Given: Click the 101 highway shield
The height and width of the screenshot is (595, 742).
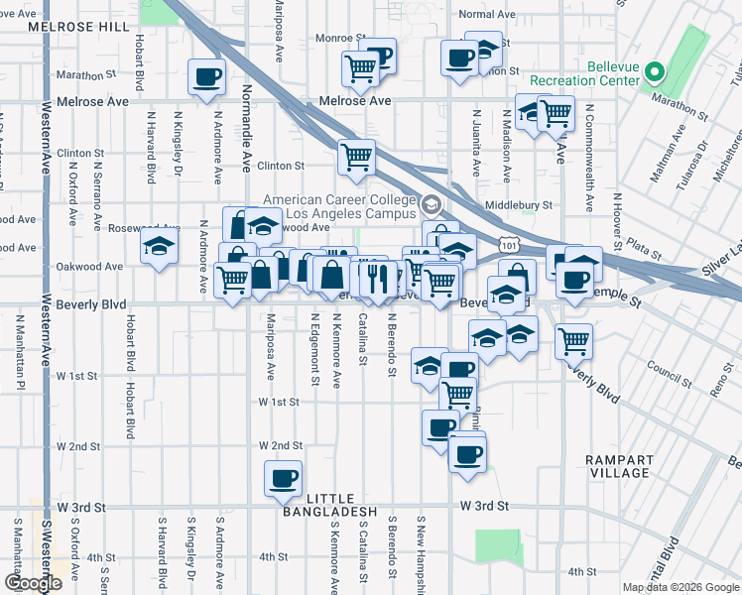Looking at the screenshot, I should pyautogui.click(x=508, y=243).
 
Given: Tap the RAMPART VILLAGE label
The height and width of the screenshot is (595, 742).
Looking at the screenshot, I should pyautogui.click(x=619, y=467).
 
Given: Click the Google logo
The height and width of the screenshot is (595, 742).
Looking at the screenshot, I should pyautogui.click(x=32, y=583).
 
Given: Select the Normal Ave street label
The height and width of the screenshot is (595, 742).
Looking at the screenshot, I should pyautogui.click(x=488, y=15).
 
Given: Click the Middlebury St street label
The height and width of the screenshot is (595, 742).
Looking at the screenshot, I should pyautogui.click(x=518, y=205).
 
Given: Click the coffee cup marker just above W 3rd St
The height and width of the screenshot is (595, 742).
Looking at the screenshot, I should pyautogui.click(x=283, y=478).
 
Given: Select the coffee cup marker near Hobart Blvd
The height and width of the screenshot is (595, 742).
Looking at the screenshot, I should pyautogui.click(x=206, y=75).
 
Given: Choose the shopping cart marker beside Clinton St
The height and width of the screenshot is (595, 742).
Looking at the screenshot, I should pyautogui.click(x=356, y=155).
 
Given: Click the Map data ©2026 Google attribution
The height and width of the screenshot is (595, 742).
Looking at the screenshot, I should pyautogui.click(x=680, y=587).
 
